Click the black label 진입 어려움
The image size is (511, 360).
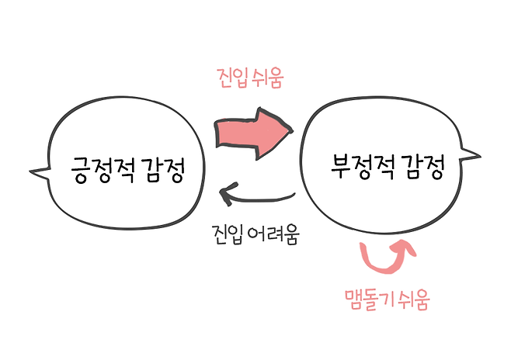pyautogui.click(x=255, y=233)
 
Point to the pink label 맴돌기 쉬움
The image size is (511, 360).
pyautogui.click(x=386, y=297)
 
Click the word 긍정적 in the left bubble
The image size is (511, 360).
pyautogui.click(x=99, y=168)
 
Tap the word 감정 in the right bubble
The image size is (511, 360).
pyautogui.click(x=423, y=167)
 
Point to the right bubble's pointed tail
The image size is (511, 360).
pyautogui.click(x=471, y=149)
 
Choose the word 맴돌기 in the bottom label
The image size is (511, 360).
pyautogui.click(x=369, y=297)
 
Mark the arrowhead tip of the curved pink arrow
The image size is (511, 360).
pyautogui.click(x=405, y=247)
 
